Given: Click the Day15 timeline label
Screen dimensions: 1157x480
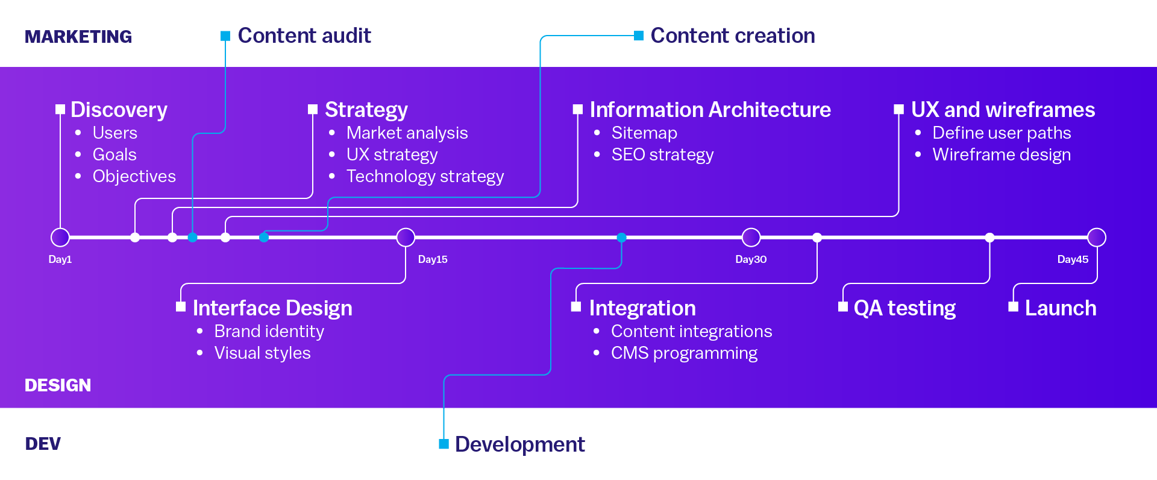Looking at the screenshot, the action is [x=433, y=259].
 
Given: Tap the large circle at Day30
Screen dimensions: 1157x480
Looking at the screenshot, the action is [x=751, y=238].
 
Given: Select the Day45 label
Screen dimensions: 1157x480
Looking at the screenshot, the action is [x=1073, y=259].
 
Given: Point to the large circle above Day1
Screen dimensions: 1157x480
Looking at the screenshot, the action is [x=60, y=238].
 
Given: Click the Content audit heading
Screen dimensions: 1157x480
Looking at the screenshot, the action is [x=304, y=36].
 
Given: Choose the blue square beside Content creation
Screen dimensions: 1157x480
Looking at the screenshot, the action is [x=639, y=36].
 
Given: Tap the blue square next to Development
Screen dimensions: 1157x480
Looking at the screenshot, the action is [x=444, y=444].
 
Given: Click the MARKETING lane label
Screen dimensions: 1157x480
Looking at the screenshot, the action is [x=78, y=37].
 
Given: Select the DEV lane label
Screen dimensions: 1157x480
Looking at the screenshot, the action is [x=43, y=444].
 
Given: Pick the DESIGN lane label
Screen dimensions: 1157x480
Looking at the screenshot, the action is [x=58, y=385].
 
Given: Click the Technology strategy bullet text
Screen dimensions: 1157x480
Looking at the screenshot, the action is [x=425, y=176].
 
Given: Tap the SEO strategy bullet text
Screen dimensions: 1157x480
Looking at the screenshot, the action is [x=662, y=155].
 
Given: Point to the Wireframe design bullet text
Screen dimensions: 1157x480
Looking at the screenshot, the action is [x=1002, y=155].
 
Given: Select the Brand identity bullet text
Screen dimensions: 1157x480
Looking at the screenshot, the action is [x=269, y=332].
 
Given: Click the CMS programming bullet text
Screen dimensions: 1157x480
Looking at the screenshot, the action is [x=684, y=353].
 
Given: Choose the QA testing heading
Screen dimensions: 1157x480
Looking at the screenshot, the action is [x=905, y=308].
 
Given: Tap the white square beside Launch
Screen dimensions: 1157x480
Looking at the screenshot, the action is [x=1014, y=307].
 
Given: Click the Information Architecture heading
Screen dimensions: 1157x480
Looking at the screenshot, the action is [x=710, y=110].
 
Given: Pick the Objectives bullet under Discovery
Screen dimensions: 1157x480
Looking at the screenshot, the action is [x=134, y=177].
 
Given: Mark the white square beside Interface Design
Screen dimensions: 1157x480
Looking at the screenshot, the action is [x=181, y=307].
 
